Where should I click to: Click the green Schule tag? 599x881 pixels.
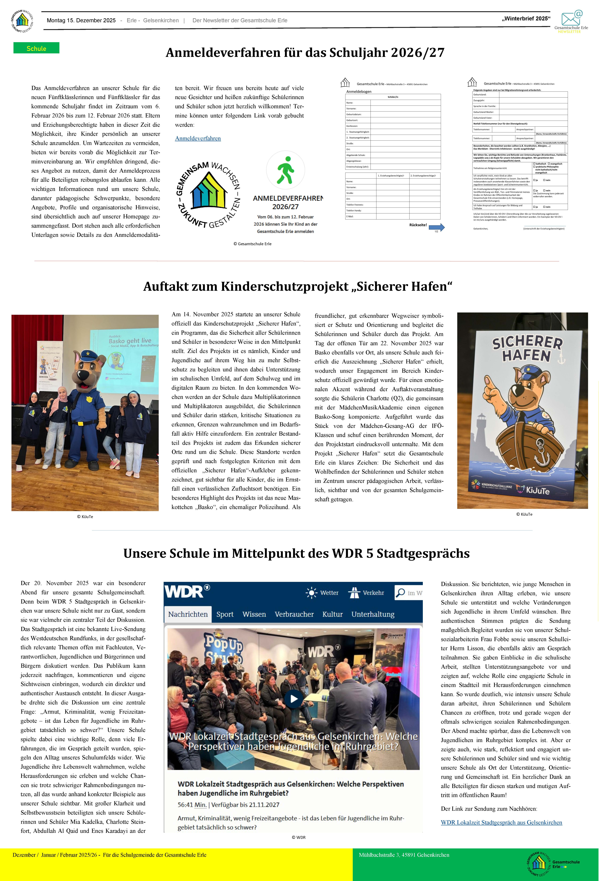pos(36,48)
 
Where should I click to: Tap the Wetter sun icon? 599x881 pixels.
pos(311,593)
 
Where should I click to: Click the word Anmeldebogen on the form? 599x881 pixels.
pos(359,92)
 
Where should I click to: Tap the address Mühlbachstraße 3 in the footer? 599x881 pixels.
pos(404,855)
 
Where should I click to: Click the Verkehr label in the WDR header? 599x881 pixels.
pos(373,593)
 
